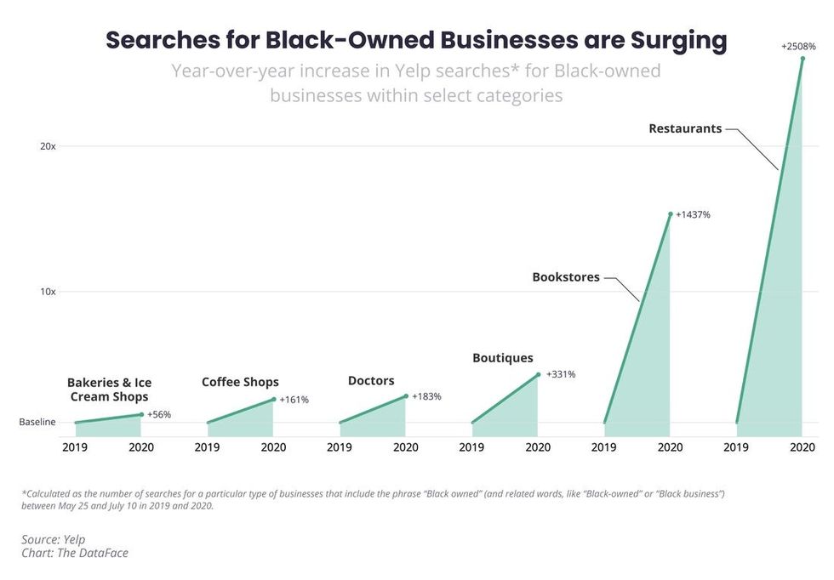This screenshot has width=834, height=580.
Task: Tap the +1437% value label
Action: pos(693,215)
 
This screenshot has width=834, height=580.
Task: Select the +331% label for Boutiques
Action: pos(561,374)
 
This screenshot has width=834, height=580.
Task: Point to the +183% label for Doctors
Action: pos(426,397)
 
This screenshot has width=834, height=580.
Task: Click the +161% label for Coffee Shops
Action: pos(294,400)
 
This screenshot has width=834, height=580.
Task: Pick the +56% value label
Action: pos(159,415)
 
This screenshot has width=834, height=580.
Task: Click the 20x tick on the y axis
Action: pos(48,146)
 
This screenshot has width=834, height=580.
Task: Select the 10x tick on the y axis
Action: pos(48,292)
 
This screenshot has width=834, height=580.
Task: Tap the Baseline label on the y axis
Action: pos(37,423)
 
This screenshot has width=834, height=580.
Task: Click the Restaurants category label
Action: pos(684,129)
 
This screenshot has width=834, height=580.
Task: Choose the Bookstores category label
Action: pos(566,277)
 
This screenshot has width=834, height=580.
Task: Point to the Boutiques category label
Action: pos(503,358)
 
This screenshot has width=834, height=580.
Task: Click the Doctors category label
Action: pos(371,381)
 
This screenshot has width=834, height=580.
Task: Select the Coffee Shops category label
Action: pos(240,382)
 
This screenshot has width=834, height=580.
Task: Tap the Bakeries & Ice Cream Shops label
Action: pos(109,390)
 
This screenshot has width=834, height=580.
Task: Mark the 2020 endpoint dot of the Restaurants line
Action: pos(803,58)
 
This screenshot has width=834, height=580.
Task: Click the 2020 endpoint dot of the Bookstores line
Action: pos(671,214)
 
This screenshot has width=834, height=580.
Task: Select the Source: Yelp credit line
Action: pos(53,539)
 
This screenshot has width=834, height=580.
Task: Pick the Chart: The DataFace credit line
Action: pos(75,553)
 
